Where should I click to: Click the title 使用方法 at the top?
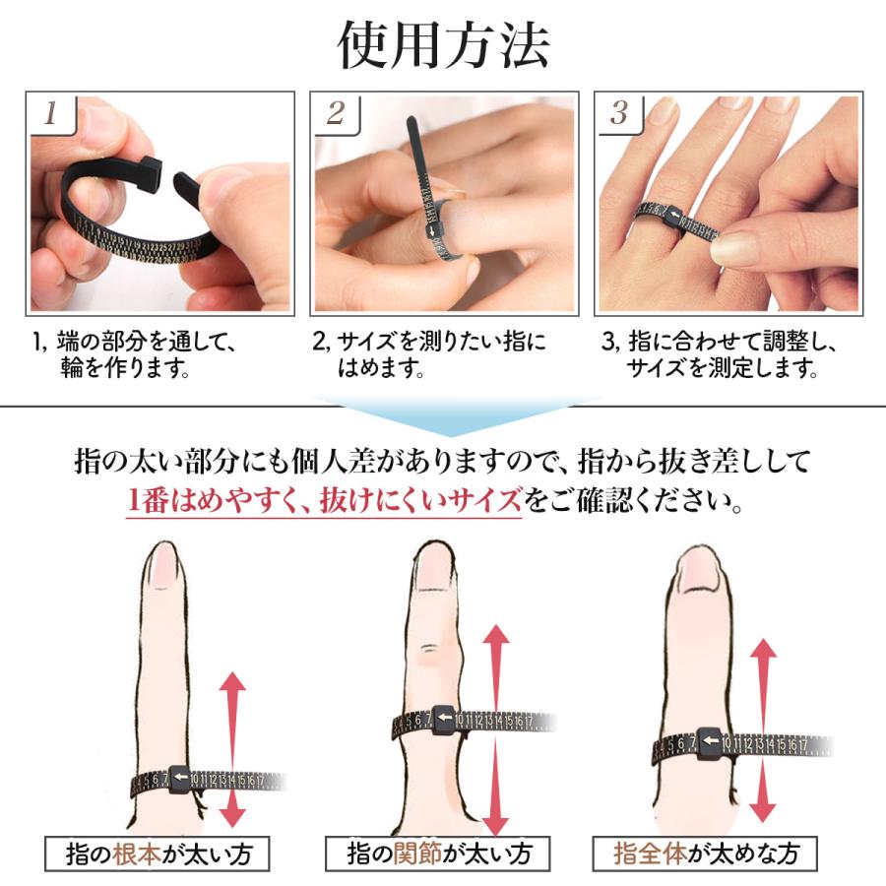click(443, 44)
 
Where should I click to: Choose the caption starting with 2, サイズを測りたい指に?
click(428, 356)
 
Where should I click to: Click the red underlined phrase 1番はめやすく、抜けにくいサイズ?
click(325, 502)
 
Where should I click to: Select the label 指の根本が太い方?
click(158, 853)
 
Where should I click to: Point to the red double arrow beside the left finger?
click(232, 748)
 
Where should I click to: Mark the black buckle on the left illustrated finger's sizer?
click(180, 780)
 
